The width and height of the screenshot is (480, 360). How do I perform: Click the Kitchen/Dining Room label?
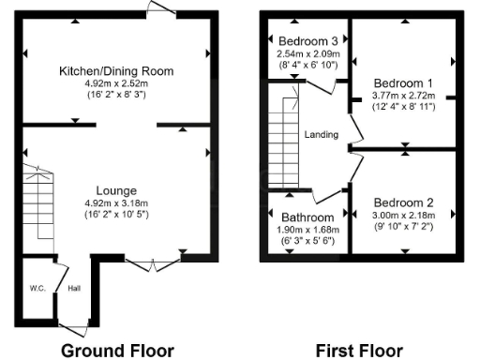pyautogui.click(x=116, y=71)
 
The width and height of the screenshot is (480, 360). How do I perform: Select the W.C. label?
pyautogui.click(x=37, y=288)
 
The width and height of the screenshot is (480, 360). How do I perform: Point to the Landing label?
pyautogui.click(x=321, y=135)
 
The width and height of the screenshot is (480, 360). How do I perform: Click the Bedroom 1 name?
pyautogui.click(x=404, y=82)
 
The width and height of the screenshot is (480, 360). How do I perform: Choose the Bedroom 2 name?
pyautogui.click(x=404, y=202)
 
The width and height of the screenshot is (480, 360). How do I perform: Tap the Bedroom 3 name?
pyautogui.click(x=308, y=40)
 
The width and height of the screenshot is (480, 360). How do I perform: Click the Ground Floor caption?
pyautogui.click(x=117, y=350)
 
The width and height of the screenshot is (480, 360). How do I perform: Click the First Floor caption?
pyautogui.click(x=359, y=350)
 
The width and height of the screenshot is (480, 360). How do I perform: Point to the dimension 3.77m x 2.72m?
pyautogui.click(x=404, y=95)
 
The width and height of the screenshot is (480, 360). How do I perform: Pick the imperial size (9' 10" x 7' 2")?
pyautogui.click(x=404, y=228)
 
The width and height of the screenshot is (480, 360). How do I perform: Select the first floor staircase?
pyautogui.click(x=284, y=136)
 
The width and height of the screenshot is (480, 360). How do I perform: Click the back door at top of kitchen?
pyautogui.click(x=161, y=9)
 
